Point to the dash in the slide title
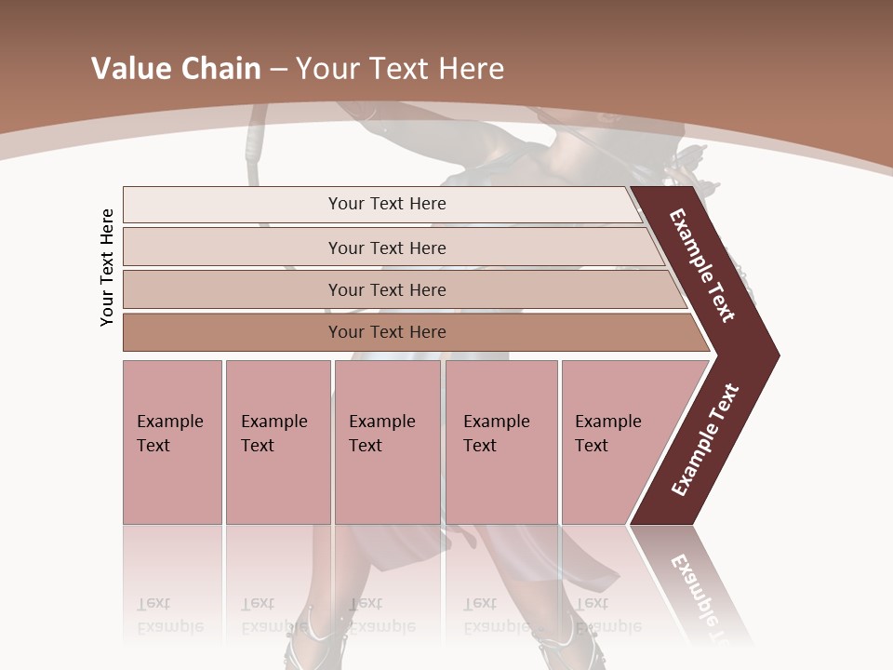[x=277, y=70]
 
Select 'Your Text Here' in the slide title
[x=399, y=69]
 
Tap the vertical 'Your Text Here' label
[x=107, y=268]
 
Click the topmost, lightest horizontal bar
[x=386, y=204]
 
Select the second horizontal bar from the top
[x=386, y=248]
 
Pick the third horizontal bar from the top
[x=386, y=289]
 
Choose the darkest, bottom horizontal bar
[x=386, y=332]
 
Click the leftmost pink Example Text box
[x=172, y=442]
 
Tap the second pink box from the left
[x=277, y=442]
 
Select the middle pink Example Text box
[x=387, y=442]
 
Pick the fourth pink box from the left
[x=500, y=442]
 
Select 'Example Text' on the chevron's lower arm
[x=705, y=439]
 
